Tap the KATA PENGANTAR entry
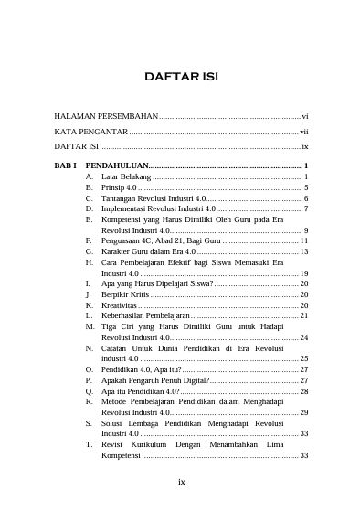click(90, 132)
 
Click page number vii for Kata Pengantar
click(304, 132)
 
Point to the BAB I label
click(65, 163)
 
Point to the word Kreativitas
click(120, 306)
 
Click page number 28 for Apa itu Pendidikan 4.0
click(304, 391)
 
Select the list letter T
click(89, 444)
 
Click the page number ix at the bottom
click(181, 484)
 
